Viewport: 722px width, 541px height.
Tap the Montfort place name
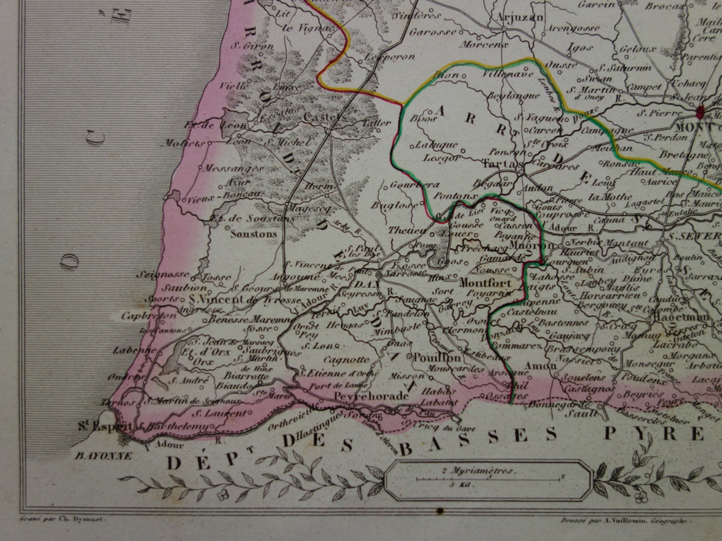click(x=485, y=283)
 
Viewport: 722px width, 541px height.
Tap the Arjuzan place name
click(x=520, y=17)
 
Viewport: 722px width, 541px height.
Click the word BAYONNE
click(x=104, y=455)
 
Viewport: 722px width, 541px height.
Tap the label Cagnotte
click(x=342, y=359)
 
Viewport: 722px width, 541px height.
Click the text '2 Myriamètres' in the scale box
click(x=478, y=471)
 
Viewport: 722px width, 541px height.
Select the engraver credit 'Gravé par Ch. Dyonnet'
click(x=58, y=518)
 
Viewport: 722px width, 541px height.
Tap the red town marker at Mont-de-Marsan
click(x=701, y=113)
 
